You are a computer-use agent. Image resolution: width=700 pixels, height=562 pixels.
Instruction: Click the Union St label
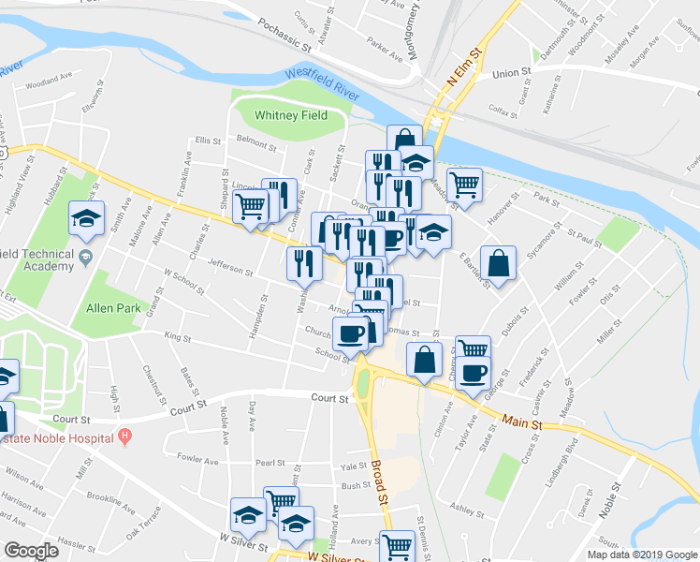511,72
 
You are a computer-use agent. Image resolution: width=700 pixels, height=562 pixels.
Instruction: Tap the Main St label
521,423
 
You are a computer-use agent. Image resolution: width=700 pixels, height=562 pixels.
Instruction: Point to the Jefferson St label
230,268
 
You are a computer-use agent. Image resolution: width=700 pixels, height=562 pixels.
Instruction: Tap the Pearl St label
270,462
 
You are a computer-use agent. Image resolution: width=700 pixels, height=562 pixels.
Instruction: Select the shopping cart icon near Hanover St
464,183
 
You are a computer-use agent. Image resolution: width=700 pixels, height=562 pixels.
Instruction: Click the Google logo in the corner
31,550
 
